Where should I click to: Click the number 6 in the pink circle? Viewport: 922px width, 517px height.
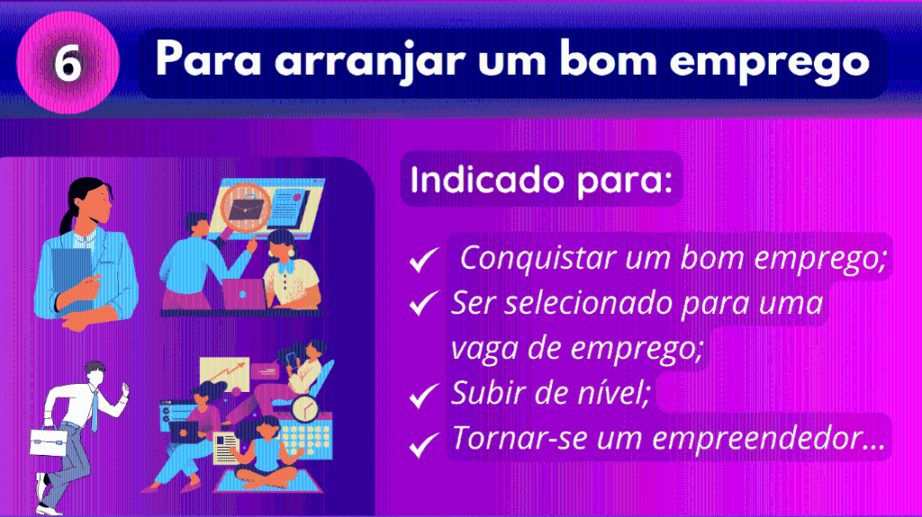tap(68, 62)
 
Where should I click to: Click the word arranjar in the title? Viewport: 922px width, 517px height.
tap(370, 61)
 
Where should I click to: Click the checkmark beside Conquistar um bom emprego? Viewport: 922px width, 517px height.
tap(424, 259)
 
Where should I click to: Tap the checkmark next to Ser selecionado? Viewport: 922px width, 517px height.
tap(424, 303)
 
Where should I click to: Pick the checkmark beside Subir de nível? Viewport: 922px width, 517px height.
tap(424, 395)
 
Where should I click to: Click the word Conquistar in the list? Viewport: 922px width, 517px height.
tap(538, 259)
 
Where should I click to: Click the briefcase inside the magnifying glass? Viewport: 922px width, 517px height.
tap(247, 209)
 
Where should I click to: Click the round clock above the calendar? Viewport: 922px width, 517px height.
tap(304, 409)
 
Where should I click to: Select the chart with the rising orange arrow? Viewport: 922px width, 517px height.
tap(224, 374)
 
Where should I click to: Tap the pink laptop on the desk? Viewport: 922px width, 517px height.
tap(244, 294)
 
